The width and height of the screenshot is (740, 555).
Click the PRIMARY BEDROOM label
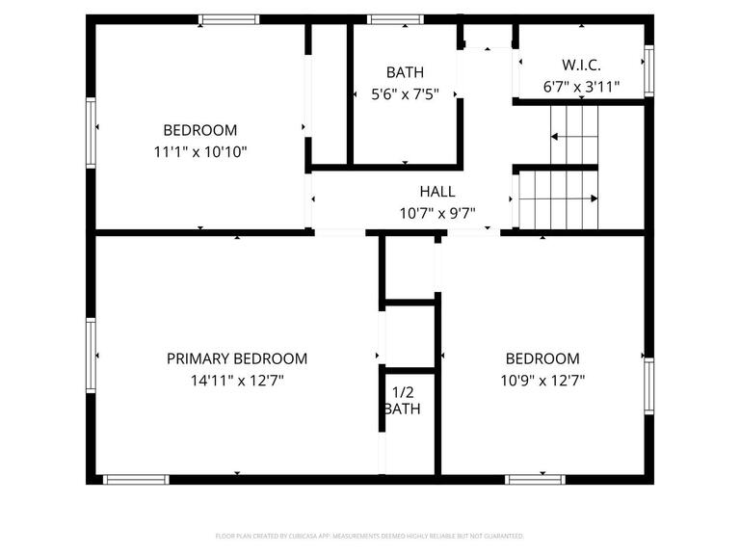pos(237,358)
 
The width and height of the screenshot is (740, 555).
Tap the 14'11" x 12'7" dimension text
pos(237,380)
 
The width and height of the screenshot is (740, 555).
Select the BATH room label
pos(405,72)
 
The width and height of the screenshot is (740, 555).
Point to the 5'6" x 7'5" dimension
pos(405,94)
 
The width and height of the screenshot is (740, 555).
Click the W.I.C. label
pos(581,65)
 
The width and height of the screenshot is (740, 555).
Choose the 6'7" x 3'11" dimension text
pos(581,87)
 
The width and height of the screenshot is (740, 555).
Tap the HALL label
pos(437,192)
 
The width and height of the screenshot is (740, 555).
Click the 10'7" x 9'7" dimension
pos(437,213)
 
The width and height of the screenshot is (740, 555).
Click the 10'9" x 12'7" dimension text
pos(542,380)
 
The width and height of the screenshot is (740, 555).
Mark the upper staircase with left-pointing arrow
pos(574,136)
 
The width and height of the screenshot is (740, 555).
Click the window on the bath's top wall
pos(396,19)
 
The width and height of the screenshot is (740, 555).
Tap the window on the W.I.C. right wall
pos(648,71)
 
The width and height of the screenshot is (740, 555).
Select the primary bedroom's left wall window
pos(92,356)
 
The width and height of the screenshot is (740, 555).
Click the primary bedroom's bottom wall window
pos(136,478)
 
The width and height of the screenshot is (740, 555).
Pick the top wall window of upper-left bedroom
pos(228,19)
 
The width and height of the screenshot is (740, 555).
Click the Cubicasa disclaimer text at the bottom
pos(369,535)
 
